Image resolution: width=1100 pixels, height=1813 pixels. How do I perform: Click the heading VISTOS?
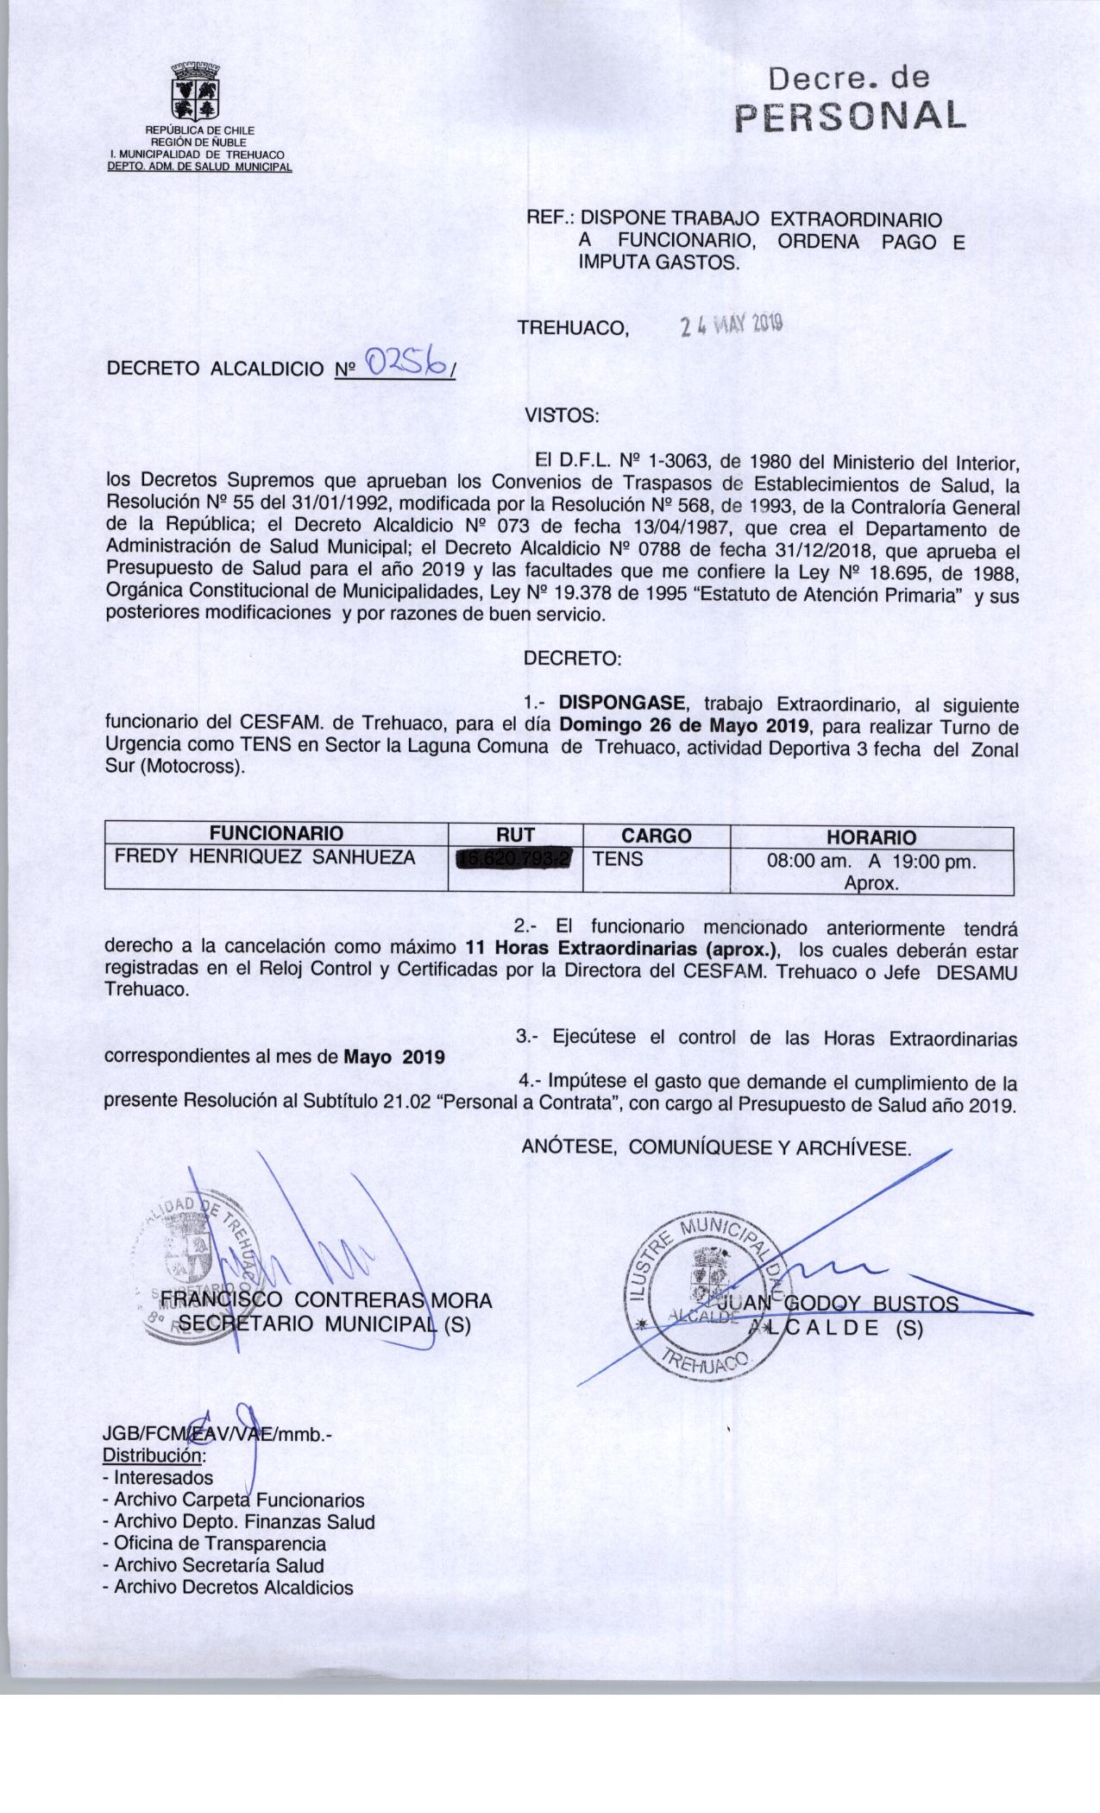(562, 415)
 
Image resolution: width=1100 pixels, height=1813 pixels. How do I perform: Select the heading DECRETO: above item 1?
(572, 658)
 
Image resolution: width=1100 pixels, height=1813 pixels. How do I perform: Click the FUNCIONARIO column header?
(276, 834)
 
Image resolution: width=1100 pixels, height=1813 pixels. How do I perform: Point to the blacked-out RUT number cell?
(515, 859)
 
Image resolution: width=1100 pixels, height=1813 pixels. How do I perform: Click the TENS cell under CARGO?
(618, 858)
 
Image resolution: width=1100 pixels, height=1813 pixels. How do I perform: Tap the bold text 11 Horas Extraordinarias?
(619, 950)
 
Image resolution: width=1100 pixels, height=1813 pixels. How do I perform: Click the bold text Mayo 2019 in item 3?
(394, 1057)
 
